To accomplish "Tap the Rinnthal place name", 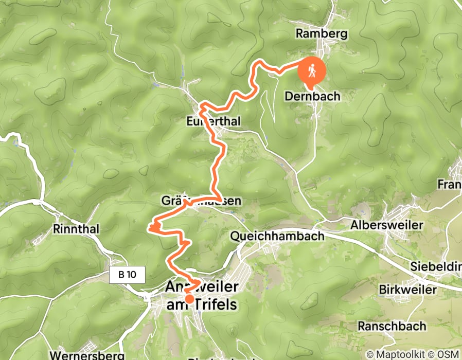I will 76,228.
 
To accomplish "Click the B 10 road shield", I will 127,275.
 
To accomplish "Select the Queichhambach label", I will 277,236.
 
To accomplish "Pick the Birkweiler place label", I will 407,290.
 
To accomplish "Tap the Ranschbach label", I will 392,326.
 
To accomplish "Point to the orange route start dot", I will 189,299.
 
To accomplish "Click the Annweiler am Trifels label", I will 202,295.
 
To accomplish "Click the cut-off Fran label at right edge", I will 449,184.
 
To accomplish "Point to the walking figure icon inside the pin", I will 312,70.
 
